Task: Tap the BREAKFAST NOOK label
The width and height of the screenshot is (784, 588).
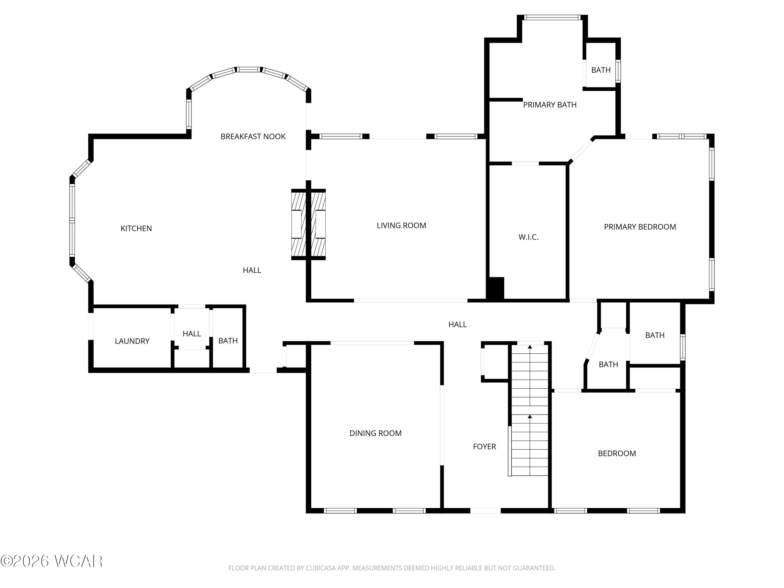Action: click(x=253, y=136)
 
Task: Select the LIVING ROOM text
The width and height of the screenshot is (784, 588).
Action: click(x=401, y=226)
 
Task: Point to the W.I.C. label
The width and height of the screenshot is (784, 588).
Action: click(x=528, y=237)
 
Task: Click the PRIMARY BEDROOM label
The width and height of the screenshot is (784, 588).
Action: click(x=640, y=227)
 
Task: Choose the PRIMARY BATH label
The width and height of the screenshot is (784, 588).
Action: click(x=550, y=105)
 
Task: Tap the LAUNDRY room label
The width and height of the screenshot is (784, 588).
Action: click(x=132, y=341)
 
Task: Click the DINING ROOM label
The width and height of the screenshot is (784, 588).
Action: click(x=375, y=433)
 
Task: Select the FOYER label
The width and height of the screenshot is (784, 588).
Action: click(x=484, y=447)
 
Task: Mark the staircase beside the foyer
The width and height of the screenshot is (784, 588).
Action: click(x=529, y=411)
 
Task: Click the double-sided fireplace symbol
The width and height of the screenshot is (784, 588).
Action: click(x=308, y=224)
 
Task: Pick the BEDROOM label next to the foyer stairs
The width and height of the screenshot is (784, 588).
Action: click(x=617, y=453)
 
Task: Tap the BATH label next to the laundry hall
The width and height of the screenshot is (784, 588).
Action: click(x=228, y=341)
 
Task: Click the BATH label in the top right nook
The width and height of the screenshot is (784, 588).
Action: click(x=601, y=70)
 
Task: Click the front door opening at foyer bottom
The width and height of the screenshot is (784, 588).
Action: click(x=485, y=510)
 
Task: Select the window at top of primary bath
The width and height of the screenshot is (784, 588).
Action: click(x=552, y=17)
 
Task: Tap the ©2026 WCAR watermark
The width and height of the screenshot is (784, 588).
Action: click(x=52, y=561)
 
